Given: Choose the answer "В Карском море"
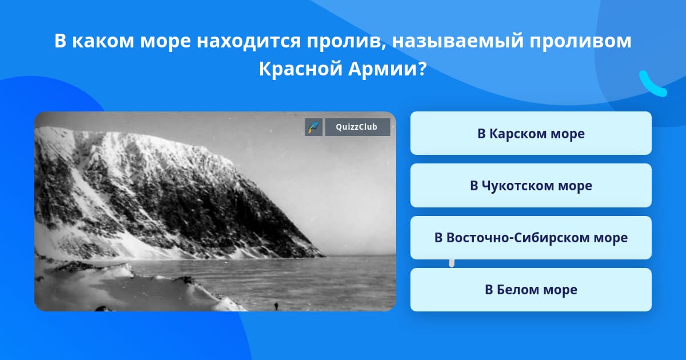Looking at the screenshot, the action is click(531, 133).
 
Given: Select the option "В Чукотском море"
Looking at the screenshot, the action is click(531, 186).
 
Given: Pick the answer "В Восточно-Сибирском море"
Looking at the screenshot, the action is click(531, 238).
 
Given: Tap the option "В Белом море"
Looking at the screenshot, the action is click(531, 290).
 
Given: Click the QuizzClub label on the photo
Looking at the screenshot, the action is click(357, 127).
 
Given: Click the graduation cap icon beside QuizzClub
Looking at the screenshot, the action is click(314, 127).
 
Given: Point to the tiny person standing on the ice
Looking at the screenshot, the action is click(276, 306).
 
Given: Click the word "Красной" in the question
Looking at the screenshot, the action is click(301, 69).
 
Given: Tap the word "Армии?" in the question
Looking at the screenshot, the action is click(388, 69).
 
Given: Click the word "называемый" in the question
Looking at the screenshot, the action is click(458, 41).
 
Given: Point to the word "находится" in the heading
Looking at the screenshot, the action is click(249, 41).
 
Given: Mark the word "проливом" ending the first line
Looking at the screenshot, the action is click(581, 41).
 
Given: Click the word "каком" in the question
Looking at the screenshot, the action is click(103, 41).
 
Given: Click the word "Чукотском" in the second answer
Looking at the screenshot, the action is click(518, 186).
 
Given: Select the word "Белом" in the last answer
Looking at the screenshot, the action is click(517, 290).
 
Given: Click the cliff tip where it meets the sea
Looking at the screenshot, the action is click(324, 255).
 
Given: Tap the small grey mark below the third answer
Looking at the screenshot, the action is click(452, 263).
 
